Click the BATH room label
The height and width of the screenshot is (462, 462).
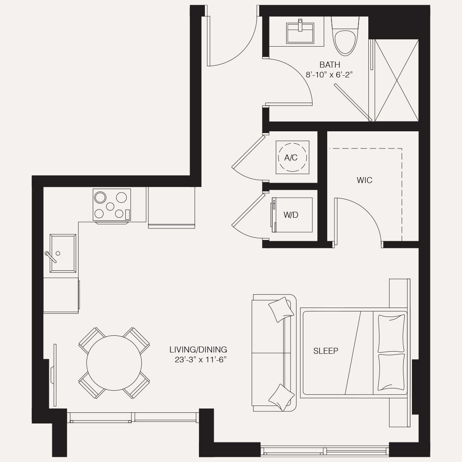(x=330, y=65)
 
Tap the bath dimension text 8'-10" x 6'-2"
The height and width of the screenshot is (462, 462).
(x=329, y=75)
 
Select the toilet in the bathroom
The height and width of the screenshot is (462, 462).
(x=345, y=36)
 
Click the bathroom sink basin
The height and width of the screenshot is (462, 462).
(x=300, y=33)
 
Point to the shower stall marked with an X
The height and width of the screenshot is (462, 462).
(x=397, y=80)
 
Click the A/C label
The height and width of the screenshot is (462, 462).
(x=291, y=158)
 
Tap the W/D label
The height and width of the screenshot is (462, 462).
(x=291, y=215)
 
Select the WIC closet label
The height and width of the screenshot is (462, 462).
(x=364, y=181)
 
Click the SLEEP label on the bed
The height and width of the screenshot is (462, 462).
(x=326, y=351)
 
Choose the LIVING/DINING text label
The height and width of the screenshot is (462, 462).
(x=198, y=350)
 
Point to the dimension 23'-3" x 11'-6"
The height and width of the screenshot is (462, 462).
(x=200, y=360)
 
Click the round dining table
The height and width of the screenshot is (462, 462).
(x=114, y=363)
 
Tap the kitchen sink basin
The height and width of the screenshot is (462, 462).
(x=63, y=253)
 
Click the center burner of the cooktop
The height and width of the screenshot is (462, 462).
(x=110, y=206)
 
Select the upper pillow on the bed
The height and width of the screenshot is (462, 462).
(x=391, y=333)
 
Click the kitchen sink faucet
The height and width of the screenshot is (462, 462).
(x=50, y=256)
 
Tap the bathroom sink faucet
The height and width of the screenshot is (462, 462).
(x=300, y=25)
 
